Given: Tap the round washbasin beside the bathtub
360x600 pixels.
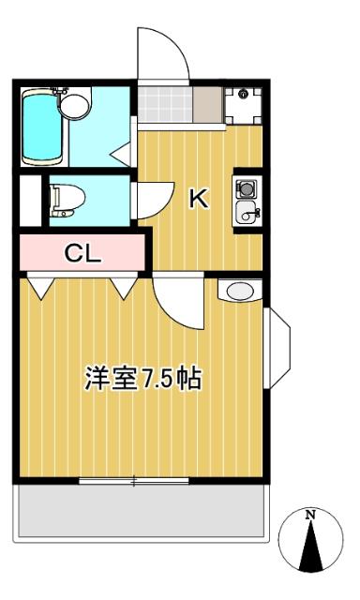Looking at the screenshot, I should pos(77,103).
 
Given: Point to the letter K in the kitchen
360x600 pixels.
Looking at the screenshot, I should pos(199,199).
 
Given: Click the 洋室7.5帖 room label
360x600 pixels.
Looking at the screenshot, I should pos(143,380).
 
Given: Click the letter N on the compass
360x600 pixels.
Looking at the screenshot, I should pos(310,514).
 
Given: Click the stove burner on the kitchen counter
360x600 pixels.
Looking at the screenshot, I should pos(247,187).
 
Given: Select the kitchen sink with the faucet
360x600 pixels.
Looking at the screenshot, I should pos(247,212).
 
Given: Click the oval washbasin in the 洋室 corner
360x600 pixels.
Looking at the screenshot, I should pos(241,292).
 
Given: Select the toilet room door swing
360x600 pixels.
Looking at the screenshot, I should pos(151,198).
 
